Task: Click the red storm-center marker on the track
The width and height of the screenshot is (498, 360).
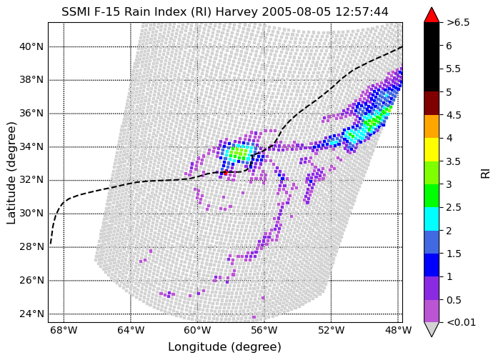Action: click(225, 173)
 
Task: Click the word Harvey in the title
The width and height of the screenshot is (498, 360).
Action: click(236, 12)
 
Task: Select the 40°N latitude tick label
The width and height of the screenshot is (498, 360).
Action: click(31, 47)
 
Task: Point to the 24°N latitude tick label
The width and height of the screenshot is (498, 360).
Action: click(31, 314)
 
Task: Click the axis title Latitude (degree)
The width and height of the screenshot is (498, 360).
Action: click(11, 173)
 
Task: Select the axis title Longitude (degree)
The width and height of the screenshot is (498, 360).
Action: click(225, 347)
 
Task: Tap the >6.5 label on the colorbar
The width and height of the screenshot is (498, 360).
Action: click(458, 23)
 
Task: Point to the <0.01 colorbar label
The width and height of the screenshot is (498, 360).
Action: click(461, 323)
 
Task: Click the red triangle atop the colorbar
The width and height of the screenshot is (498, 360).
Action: click(432, 16)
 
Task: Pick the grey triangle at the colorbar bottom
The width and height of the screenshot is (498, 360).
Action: click(432, 329)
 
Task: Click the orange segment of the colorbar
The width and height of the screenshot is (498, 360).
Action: click(432, 126)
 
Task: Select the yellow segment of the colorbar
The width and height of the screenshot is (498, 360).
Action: click(432, 149)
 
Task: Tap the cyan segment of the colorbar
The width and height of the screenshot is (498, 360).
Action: click(432, 219)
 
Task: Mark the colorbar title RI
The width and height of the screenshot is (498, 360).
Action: click(486, 173)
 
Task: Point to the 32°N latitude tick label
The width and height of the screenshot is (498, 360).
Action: click(31, 180)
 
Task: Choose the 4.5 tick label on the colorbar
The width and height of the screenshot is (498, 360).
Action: click(454, 115)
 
